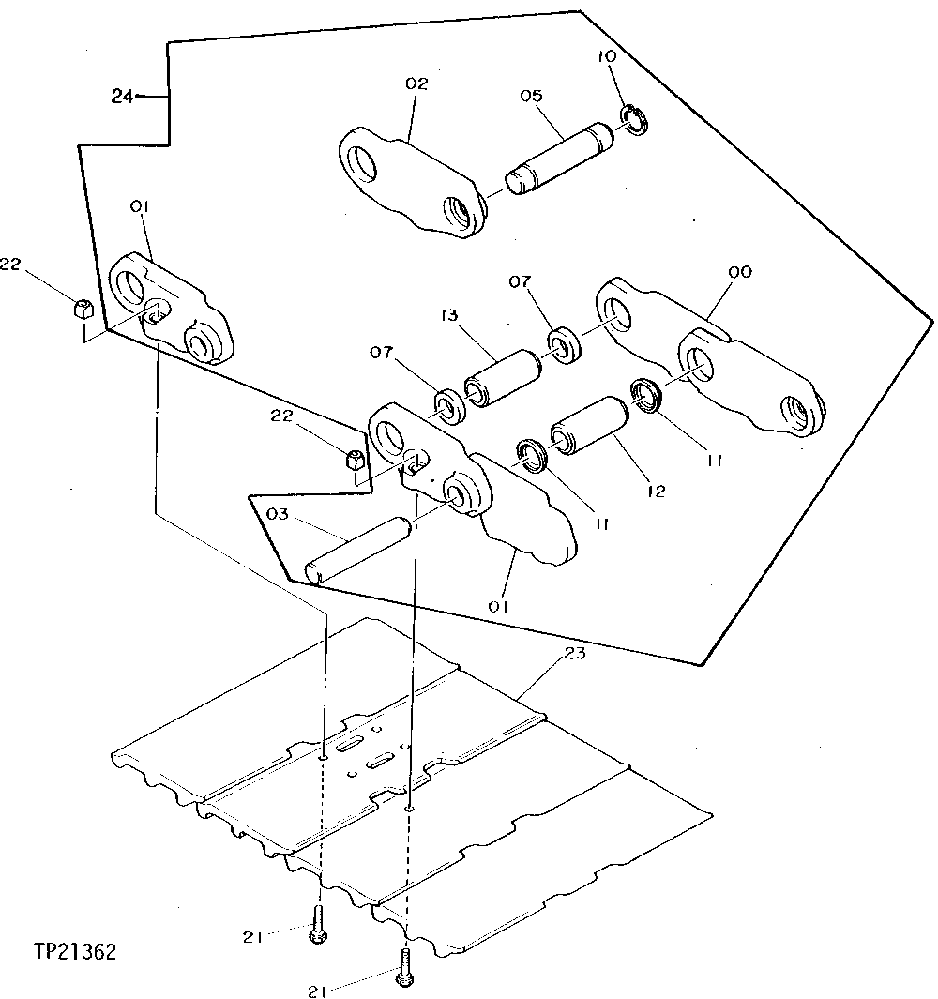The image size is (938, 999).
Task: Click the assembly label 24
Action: pyautogui.click(x=122, y=95)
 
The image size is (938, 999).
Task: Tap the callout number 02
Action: pyautogui.click(x=416, y=83)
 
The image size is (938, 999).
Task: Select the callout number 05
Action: pyautogui.click(x=530, y=95)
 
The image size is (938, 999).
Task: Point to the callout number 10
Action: pyautogui.click(x=607, y=56)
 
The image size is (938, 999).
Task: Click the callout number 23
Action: pyautogui.click(x=575, y=653)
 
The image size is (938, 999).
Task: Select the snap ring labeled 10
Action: pyautogui.click(x=633, y=119)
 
